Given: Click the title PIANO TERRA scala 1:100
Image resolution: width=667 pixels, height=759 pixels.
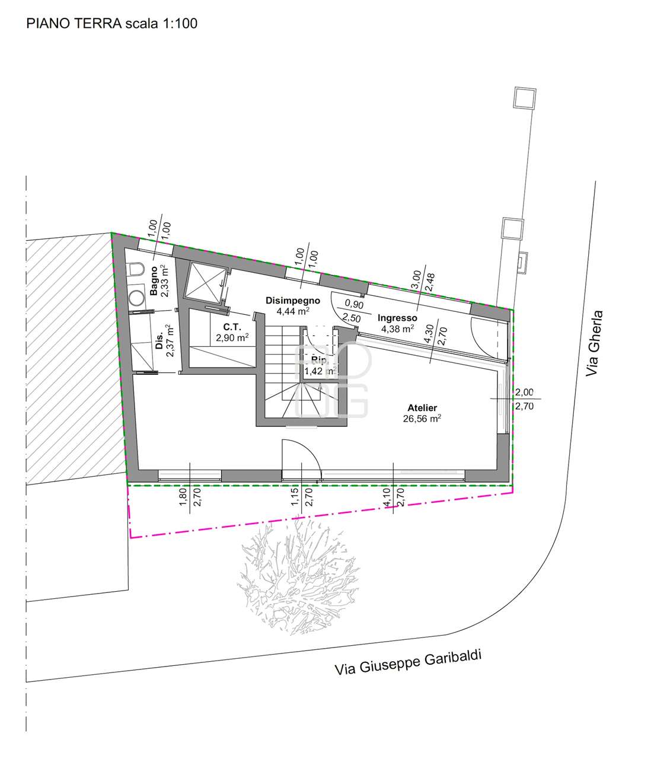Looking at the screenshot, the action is click(111, 23).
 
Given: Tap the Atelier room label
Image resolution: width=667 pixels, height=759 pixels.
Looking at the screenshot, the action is click(422, 407).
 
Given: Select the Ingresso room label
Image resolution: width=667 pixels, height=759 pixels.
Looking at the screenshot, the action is click(397, 318).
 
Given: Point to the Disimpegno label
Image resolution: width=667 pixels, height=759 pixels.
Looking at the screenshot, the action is click(293, 301).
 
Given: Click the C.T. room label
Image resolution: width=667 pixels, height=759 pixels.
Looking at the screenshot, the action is click(232, 327).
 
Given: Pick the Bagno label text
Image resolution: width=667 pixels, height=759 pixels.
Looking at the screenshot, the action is click(154, 280).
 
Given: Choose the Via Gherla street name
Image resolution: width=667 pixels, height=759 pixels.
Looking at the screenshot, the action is click(594, 342).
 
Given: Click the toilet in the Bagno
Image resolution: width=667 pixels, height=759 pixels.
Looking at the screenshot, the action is click(136, 269).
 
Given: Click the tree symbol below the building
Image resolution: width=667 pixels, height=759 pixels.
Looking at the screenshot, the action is click(299, 576).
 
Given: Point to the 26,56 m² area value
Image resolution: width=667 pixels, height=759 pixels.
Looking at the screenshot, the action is click(422, 419).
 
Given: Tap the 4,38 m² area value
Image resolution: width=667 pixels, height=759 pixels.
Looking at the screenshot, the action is click(397, 329).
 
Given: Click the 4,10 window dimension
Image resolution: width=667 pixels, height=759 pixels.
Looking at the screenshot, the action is click(387, 497).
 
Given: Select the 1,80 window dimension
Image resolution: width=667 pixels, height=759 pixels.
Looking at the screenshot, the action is click(183, 497).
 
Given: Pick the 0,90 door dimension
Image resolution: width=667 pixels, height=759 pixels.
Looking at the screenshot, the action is click(354, 304).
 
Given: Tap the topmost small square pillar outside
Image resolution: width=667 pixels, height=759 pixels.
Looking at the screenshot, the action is click(525, 98).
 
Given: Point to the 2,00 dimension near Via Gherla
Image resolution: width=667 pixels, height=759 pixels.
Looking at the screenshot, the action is click(524, 392).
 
